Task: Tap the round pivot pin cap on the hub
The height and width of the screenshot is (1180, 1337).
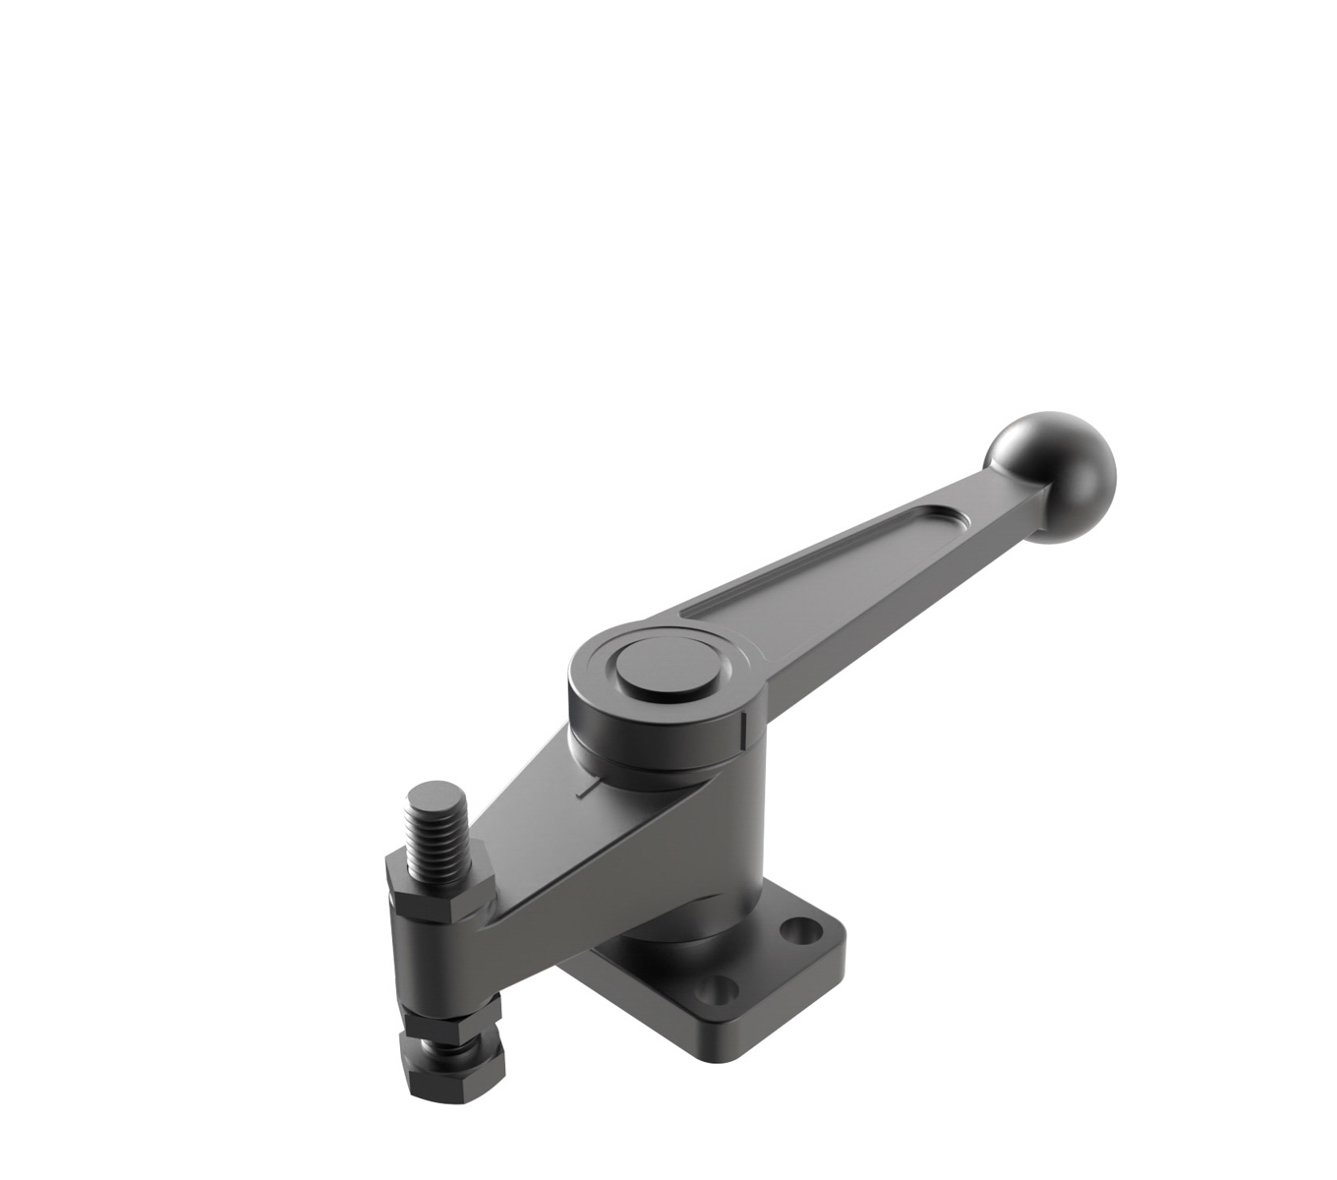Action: coord(667,667)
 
